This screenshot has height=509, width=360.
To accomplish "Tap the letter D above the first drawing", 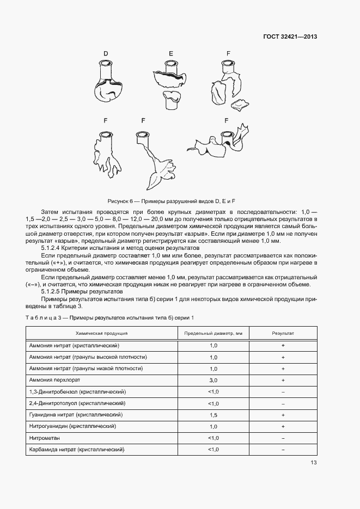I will pos(106,53).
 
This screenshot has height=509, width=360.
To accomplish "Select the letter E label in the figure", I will pos(171,53).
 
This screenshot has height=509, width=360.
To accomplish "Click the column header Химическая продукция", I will pos(101,333).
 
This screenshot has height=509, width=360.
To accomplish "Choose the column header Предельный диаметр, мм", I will pos(213,333).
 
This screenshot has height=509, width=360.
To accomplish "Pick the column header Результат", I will pos(283,333).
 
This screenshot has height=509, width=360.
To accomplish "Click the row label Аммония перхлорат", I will pos(56,380).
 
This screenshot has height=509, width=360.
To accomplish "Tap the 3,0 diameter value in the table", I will pos(213,381).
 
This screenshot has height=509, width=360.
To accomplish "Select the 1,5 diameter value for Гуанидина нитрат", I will pos(213,415).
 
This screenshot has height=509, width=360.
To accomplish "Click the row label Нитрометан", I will pos(45,438).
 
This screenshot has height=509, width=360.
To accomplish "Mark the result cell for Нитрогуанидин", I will pos(283,426).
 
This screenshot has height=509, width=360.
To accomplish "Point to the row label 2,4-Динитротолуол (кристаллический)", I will pos(77,403).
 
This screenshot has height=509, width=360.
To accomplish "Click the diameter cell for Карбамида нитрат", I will pos(213,449).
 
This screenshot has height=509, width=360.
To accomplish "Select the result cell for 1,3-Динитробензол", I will pos(283,392).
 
